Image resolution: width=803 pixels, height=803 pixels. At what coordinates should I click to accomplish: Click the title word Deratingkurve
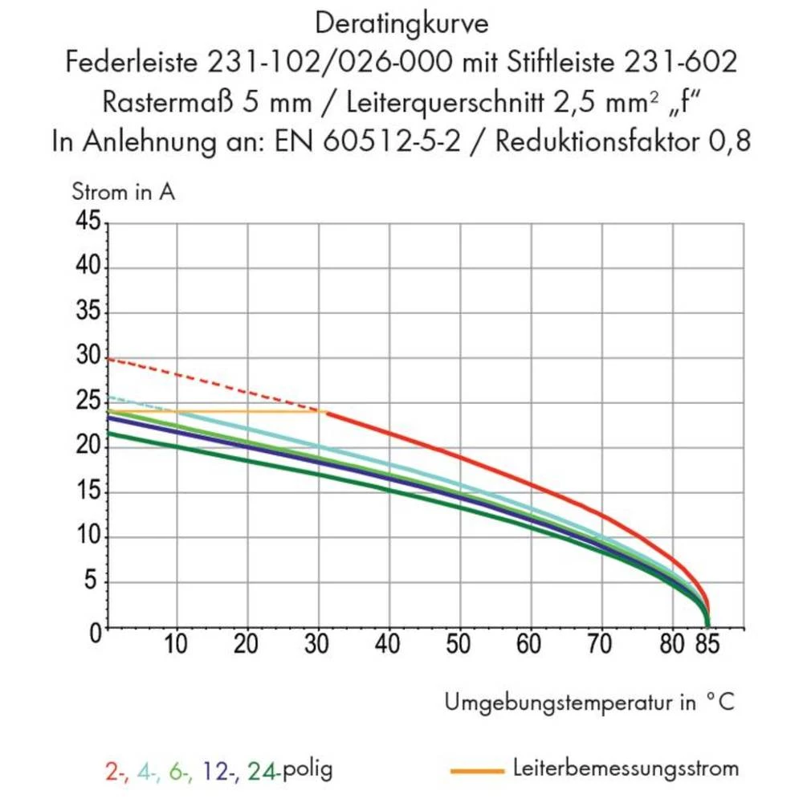[x=401, y=23]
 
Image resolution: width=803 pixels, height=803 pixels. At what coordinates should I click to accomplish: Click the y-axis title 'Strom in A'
[x=123, y=193]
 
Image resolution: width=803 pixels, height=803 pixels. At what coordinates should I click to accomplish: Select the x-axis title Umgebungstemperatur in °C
[x=589, y=703]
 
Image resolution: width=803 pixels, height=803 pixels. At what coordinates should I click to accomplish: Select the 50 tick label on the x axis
[x=459, y=644]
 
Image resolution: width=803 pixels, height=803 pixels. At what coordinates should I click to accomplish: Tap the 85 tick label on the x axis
[x=710, y=644]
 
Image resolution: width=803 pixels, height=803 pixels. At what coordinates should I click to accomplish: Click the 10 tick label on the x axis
[x=176, y=644]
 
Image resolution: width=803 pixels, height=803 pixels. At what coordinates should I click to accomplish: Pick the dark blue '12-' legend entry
[x=218, y=771]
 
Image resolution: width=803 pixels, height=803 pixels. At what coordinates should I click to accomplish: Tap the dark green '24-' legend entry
[x=263, y=771]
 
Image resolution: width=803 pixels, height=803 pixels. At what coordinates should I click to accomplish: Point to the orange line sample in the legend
[x=477, y=772]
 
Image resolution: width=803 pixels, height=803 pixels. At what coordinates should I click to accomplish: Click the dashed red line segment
[x=217, y=385]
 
